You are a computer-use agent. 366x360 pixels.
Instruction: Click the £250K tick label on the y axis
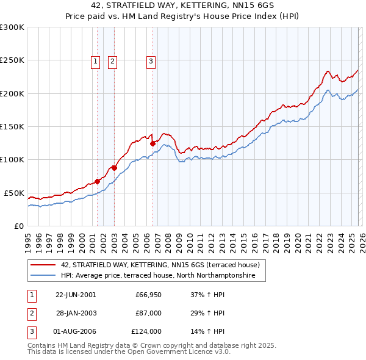click(12, 60)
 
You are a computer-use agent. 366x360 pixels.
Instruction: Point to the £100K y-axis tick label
click(12, 159)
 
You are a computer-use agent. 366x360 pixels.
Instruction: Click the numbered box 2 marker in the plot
click(113, 60)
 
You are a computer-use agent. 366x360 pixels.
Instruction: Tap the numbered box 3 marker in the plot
click(151, 60)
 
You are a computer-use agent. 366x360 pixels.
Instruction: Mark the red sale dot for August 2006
click(152, 143)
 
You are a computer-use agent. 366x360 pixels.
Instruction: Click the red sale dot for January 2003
click(114, 168)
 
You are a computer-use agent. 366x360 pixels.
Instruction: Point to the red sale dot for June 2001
click(97, 181)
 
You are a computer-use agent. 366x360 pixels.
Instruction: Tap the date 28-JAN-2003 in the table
click(76, 312)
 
